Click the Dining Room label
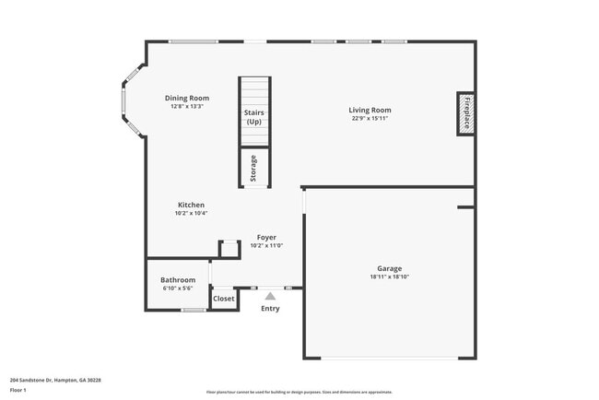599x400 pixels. click(186, 98)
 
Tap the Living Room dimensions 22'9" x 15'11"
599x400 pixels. click(370, 118)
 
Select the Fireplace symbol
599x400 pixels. click(466, 113)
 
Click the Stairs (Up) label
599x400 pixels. click(253, 117)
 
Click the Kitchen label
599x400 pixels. click(191, 205)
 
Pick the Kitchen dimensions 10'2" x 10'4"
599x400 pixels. click(191, 213)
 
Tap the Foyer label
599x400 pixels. click(266, 238)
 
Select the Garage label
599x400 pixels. click(389, 268)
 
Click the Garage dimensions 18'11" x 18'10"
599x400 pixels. click(389, 276)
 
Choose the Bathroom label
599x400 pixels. click(178, 280)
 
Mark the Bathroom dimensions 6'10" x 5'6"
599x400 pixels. click(178, 288)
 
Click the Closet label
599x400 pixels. click(224, 299)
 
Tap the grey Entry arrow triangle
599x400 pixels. click(270, 296)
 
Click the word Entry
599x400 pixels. click(270, 308)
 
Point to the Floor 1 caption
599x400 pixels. click(18, 390)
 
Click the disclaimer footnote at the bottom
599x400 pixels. click(299, 392)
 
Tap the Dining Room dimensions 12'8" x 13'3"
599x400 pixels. click(186, 106)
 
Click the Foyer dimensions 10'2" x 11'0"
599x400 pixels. click(266, 246)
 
